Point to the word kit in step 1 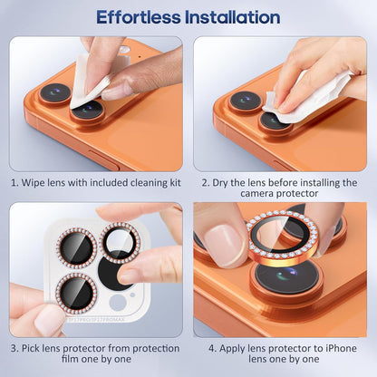pyautogui.click(x=171, y=183)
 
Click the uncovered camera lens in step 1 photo pyautogui.click(x=55, y=93)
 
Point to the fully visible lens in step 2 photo pyautogui.click(x=245, y=100)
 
